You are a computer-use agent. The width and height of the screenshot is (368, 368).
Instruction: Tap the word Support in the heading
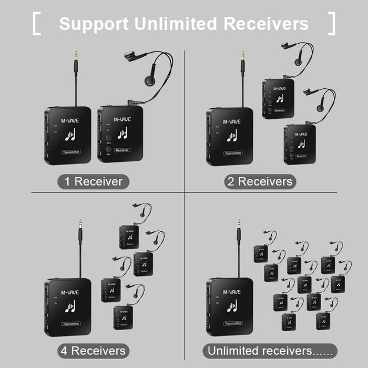click(x=92, y=24)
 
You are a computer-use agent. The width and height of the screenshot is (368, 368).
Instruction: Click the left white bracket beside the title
click(x=36, y=24)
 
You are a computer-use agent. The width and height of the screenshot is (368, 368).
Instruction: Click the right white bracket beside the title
click(x=332, y=24)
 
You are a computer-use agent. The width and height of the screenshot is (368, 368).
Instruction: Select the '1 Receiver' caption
click(x=93, y=182)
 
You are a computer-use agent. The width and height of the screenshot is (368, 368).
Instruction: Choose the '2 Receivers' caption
click(x=259, y=182)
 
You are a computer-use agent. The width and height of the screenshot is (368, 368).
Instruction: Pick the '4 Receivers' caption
click(x=93, y=351)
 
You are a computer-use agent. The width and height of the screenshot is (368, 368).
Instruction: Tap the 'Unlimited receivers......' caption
click(x=270, y=351)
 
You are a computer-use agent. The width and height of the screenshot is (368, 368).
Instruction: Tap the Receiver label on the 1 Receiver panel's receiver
click(x=121, y=150)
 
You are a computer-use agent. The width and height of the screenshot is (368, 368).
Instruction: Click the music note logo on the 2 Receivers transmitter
click(x=231, y=136)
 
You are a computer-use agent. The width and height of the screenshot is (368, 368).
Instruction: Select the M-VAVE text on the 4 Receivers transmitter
click(x=69, y=292)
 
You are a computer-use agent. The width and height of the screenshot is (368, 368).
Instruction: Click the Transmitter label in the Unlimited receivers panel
click(x=232, y=323)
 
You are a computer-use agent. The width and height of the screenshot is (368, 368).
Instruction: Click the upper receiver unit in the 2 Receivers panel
click(x=278, y=98)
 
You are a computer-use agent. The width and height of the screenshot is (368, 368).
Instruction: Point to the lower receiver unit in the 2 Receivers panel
click(x=300, y=144)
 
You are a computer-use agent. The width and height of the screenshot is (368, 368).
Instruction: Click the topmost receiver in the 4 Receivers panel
click(x=129, y=237)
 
